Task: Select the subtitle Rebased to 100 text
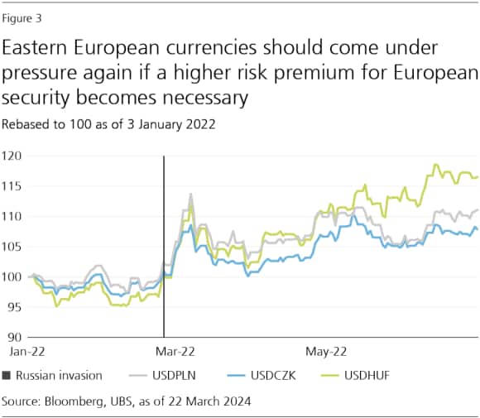coord(108,125)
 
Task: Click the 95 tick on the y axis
coord(14,307)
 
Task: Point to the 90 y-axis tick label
coord(14,337)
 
